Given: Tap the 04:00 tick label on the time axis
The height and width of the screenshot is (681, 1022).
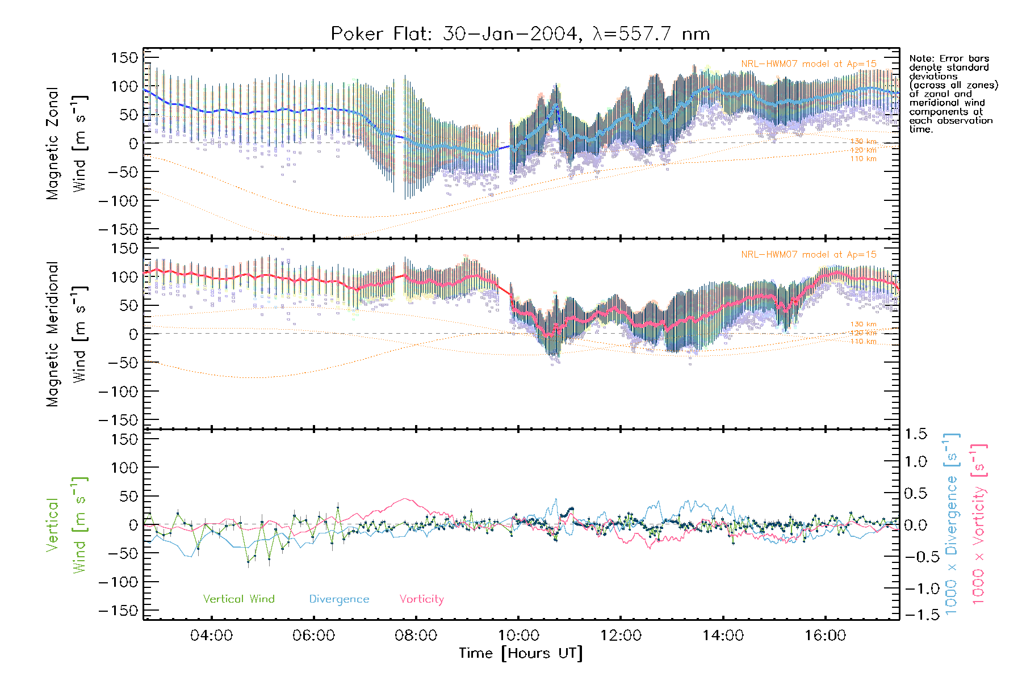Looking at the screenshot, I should (211, 636).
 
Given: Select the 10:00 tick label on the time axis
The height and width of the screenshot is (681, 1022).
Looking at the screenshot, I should (518, 636).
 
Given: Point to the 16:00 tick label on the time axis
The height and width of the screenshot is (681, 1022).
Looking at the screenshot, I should (825, 636).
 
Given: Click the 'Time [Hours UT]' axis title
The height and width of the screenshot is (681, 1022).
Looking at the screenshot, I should (521, 653).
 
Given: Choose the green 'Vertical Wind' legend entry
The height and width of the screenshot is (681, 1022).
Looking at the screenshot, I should (238, 599).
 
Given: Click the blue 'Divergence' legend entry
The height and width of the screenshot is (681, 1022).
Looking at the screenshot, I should (339, 599).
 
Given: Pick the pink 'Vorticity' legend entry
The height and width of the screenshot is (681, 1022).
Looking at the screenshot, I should (421, 599).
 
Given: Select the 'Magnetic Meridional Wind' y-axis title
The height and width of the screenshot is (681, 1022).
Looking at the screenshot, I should (66, 334).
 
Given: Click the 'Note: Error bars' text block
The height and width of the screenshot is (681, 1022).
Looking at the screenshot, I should (952, 94).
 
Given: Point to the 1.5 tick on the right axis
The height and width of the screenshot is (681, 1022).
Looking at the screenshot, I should (916, 434).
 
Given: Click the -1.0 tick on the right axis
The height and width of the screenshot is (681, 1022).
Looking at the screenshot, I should (916, 588).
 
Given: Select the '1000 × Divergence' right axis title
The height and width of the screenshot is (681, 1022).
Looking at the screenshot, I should (952, 524).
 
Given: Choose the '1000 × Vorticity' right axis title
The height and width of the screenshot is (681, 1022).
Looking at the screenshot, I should (978, 524).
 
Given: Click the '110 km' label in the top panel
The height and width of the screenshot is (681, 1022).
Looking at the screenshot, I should (863, 159).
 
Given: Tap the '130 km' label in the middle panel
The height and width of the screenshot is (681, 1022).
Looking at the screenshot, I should (863, 324).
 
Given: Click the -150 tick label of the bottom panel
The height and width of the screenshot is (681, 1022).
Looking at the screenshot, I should (118, 611).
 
